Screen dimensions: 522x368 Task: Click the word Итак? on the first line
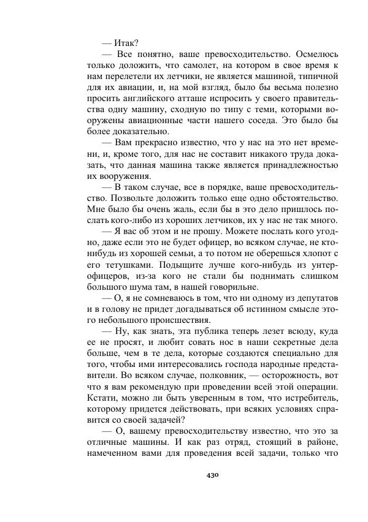coord(126,42)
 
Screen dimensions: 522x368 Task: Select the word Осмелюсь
coord(313,54)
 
